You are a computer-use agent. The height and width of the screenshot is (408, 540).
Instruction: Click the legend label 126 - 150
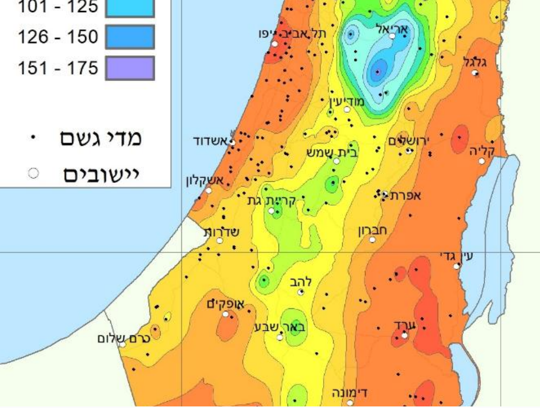tap(58, 37)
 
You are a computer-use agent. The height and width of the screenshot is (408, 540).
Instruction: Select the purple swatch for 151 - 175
tap(130, 68)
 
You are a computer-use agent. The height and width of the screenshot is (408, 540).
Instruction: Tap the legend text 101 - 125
tap(58, 7)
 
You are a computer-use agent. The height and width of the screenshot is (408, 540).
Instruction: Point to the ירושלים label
tap(409, 141)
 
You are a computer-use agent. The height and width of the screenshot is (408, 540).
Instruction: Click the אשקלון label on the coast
tap(205, 181)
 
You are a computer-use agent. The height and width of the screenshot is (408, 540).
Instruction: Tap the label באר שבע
tap(280, 327)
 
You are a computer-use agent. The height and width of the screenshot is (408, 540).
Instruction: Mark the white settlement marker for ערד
tap(405, 335)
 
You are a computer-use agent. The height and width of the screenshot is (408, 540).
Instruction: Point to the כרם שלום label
tap(124, 338)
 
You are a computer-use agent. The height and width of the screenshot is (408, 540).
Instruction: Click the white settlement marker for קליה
tap(482, 161)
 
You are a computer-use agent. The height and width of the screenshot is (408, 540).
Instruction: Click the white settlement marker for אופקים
tap(226, 314)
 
